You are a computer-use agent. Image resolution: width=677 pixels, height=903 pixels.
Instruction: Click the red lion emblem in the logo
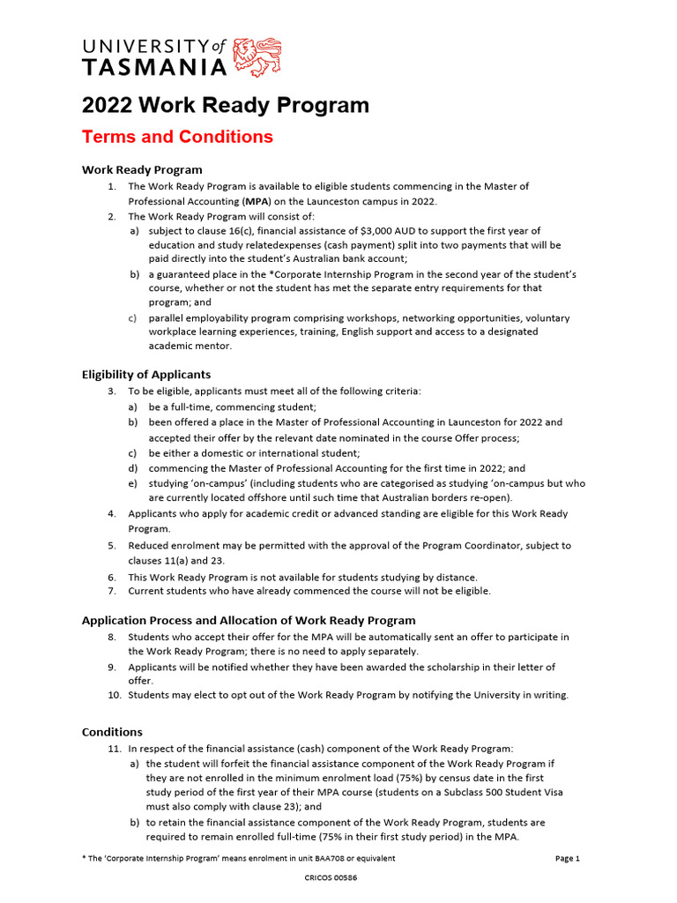262,56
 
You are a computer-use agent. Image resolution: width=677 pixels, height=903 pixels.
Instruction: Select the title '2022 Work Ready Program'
225,106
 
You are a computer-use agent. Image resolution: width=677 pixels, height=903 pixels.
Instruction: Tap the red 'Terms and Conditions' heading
177,138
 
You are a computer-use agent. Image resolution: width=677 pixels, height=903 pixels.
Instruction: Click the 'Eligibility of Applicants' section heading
146,374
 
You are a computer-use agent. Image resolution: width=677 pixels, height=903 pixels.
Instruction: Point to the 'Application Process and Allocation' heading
249,620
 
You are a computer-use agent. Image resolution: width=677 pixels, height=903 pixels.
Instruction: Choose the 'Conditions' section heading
112,732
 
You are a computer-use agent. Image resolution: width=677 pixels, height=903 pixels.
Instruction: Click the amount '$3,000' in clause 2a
378,231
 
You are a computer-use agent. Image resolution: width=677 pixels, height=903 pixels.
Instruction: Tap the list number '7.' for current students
112,591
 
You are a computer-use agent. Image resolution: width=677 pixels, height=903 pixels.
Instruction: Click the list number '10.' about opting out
115,695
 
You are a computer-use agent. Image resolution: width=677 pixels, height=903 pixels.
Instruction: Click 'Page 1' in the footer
567,858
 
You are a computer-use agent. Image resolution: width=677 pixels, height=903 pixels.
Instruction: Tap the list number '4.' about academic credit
112,513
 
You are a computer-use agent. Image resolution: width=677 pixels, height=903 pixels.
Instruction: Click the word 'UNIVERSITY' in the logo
146,48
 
